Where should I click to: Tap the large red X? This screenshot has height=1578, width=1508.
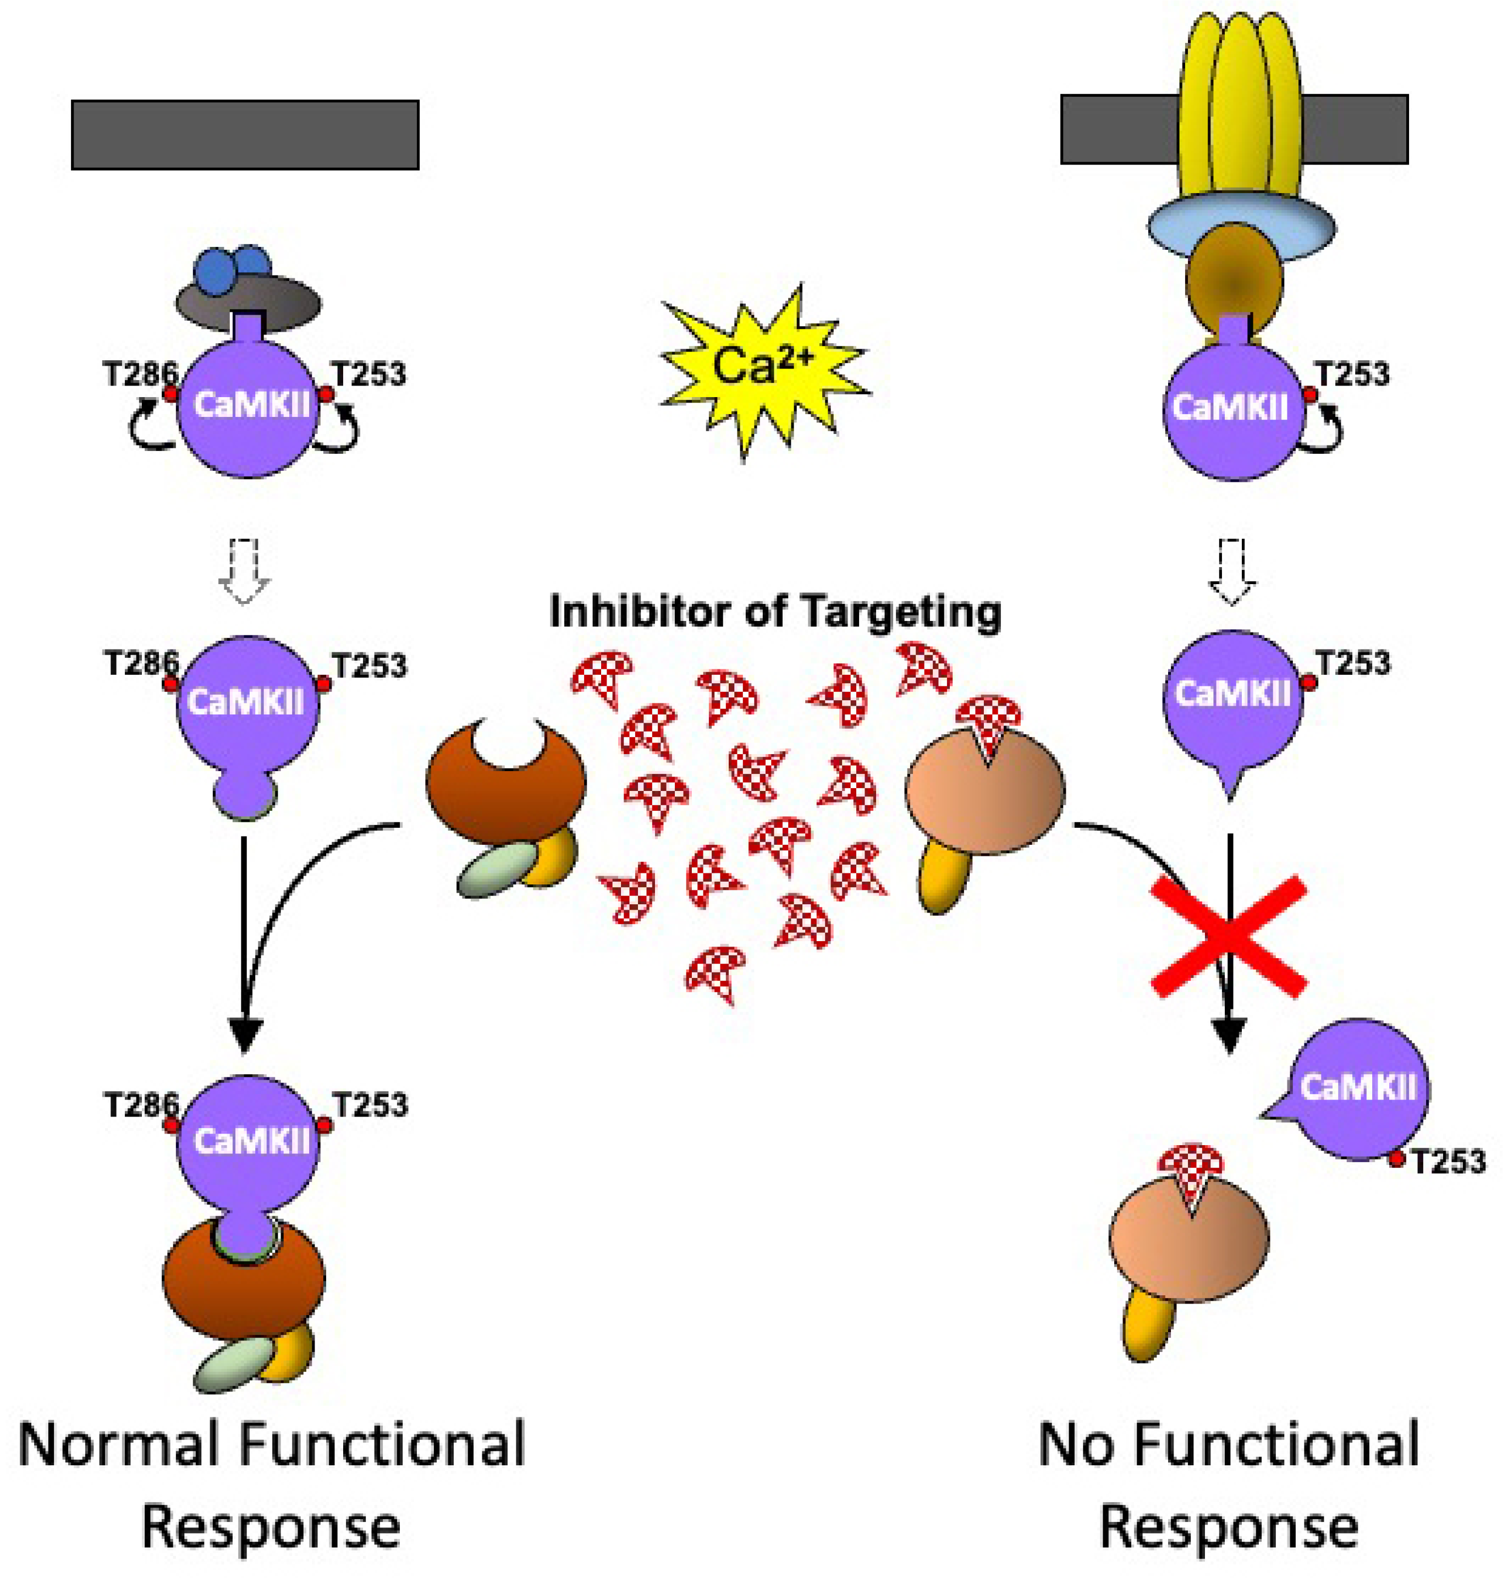click(x=1228, y=937)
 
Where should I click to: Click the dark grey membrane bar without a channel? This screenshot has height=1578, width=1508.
click(x=245, y=135)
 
